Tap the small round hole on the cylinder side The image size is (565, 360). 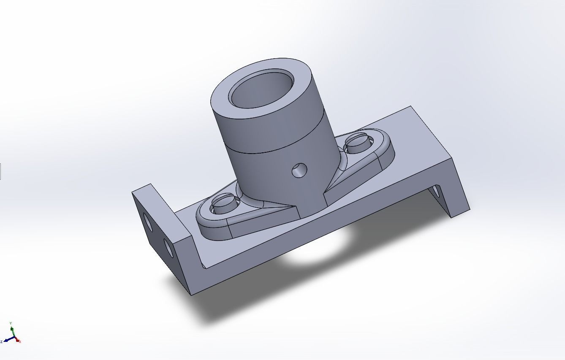pos(300,170)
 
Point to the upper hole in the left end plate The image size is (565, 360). pos(148,222)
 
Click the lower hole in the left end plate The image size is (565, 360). pos(168,249)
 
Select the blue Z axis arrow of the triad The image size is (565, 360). pos(7,340)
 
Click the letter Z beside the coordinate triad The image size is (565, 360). pos(2,341)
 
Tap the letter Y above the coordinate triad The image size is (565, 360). pos(11,323)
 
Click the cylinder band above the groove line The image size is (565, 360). pos(270,131)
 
